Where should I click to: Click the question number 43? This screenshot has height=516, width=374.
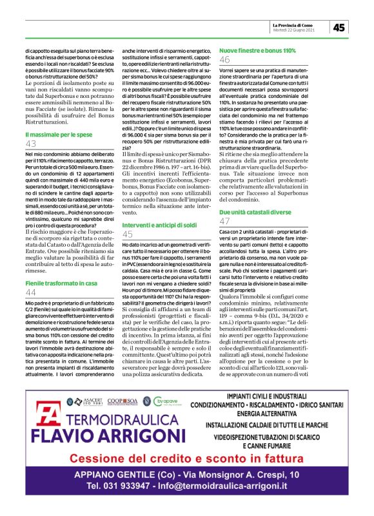(x=31, y=144)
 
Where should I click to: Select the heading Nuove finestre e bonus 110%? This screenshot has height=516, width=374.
(x=258, y=50)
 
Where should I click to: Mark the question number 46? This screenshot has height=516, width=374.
(x=225, y=60)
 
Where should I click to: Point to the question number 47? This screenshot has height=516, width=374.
(x=225, y=221)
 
